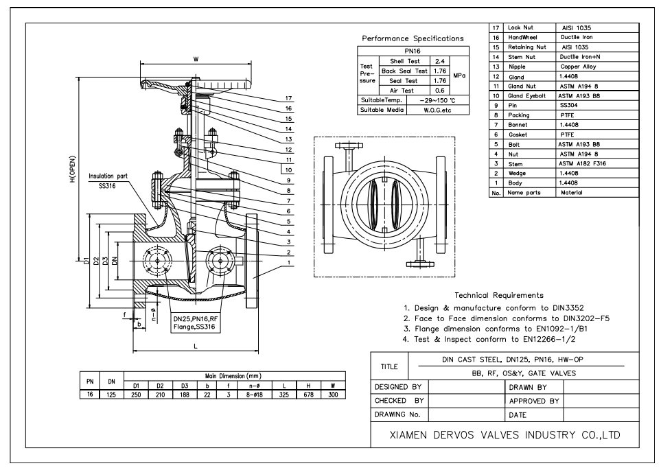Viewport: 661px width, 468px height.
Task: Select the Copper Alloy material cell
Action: (578, 67)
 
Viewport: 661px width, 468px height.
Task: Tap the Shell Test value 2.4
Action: (442, 61)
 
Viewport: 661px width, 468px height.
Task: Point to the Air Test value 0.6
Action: (442, 90)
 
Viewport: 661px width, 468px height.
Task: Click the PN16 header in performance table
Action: (413, 51)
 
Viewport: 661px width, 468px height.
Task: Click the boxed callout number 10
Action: (289, 169)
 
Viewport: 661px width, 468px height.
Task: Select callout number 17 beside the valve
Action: (289, 98)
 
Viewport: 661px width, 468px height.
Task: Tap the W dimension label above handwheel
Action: (196, 59)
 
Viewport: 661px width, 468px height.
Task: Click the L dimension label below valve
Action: (196, 347)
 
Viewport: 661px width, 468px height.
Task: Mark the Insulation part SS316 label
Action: (108, 180)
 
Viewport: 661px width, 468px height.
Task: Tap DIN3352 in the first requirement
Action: (566, 308)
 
